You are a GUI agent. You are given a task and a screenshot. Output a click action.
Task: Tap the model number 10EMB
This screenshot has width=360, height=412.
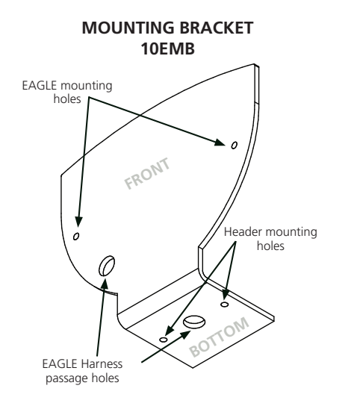point(168,49)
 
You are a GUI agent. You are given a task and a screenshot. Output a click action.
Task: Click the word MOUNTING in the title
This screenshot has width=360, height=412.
point(128,28)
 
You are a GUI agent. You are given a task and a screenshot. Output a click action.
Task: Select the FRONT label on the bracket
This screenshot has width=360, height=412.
point(147,173)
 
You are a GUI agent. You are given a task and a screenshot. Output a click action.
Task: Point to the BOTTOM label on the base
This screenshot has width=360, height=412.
point(219,337)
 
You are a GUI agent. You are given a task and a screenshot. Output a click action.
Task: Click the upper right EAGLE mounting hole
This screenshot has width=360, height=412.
point(234,145)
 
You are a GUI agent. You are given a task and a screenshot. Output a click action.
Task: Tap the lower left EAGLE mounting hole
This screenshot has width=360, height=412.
point(76,237)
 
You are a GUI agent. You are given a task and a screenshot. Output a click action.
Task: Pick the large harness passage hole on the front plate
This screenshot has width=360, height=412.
point(107,266)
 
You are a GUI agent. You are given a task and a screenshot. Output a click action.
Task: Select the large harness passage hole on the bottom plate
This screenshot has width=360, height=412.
point(194,322)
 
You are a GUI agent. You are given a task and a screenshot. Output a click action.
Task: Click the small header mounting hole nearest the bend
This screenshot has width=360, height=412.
point(224,305)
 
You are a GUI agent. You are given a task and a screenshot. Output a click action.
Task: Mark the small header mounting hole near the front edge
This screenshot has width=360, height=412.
point(164,340)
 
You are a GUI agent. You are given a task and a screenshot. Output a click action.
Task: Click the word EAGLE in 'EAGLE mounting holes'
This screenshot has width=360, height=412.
point(40,86)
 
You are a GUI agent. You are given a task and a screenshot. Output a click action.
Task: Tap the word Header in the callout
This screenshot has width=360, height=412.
point(243,232)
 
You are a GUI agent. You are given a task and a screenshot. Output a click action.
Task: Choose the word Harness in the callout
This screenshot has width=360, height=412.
point(102,364)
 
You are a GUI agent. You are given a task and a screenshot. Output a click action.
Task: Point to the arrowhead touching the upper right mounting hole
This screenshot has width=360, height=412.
point(220,143)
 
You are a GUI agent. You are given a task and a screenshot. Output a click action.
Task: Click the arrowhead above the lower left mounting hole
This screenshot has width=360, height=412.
point(78,221)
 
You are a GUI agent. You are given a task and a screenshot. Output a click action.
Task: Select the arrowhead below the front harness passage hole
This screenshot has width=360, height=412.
point(104,284)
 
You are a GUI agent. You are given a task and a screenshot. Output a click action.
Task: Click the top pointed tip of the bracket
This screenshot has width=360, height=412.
point(254,64)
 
